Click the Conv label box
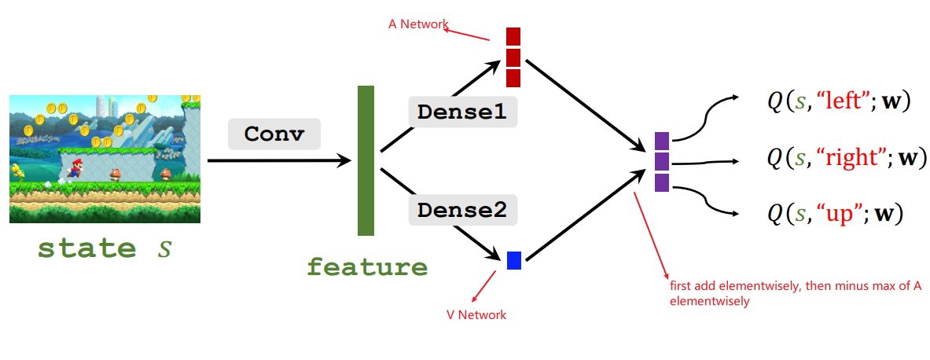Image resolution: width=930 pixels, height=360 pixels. click(x=274, y=134)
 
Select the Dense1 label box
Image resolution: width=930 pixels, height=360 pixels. click(x=461, y=112)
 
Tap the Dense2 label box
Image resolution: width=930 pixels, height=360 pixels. click(x=461, y=210)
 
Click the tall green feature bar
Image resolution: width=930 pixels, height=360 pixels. click(x=366, y=160)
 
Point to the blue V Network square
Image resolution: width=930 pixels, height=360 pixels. click(x=514, y=260)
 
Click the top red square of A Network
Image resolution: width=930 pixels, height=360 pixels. click(x=513, y=36)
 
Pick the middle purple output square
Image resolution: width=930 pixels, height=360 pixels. click(x=662, y=161)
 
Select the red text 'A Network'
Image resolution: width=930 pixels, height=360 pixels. click(x=417, y=24)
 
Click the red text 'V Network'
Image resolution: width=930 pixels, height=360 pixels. click(x=476, y=314)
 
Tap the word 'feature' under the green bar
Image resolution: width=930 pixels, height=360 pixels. click(x=367, y=267)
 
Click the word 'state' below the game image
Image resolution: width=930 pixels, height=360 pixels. click(x=86, y=248)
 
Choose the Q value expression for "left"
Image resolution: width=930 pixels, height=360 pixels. click(x=838, y=101)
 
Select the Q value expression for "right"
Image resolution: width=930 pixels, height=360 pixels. click(x=842, y=158)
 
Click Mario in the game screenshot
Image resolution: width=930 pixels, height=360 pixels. click(x=76, y=167)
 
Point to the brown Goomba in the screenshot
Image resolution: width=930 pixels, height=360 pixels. click(x=116, y=174)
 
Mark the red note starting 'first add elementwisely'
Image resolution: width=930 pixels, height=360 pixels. click(x=794, y=292)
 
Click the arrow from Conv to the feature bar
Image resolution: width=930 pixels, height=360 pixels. click(x=279, y=161)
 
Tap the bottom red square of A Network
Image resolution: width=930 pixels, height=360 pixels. click(x=513, y=78)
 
